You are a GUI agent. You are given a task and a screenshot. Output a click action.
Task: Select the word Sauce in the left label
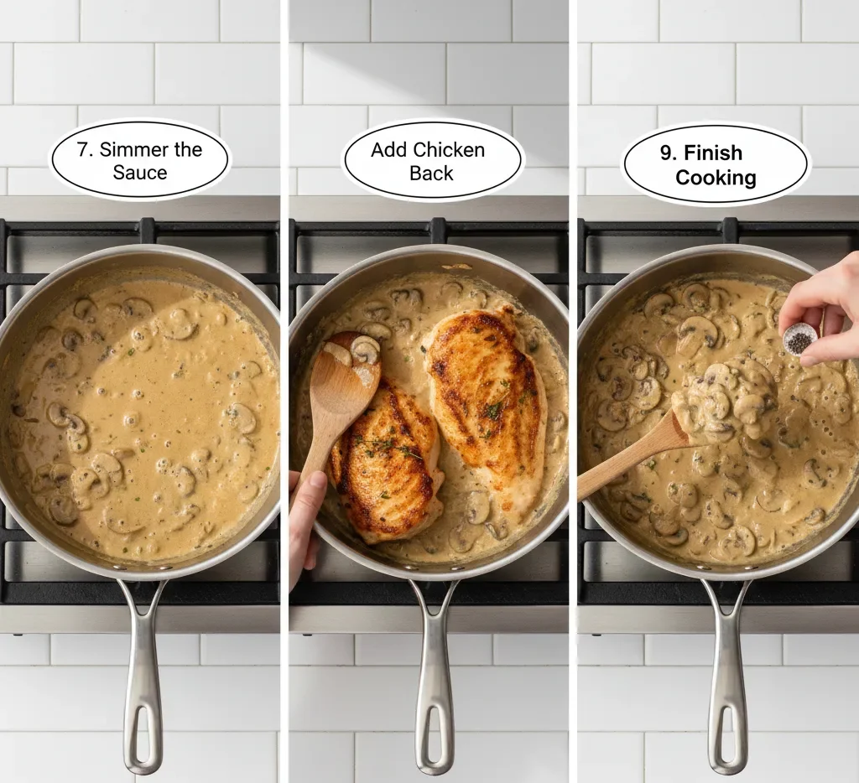coord(140,174)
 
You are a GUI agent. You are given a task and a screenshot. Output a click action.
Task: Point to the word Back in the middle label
coord(431,174)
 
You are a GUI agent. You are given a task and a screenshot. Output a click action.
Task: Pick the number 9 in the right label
coord(668,153)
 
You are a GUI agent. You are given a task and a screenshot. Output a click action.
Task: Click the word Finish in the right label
coord(713,153)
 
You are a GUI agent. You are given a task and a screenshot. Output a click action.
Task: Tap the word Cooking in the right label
coord(716,178)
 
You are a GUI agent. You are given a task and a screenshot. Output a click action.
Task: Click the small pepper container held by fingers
coord(800,339)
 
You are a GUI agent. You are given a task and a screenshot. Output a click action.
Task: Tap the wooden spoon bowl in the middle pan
coord(351,369)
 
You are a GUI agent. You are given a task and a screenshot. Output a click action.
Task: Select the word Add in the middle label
coord(388,150)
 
